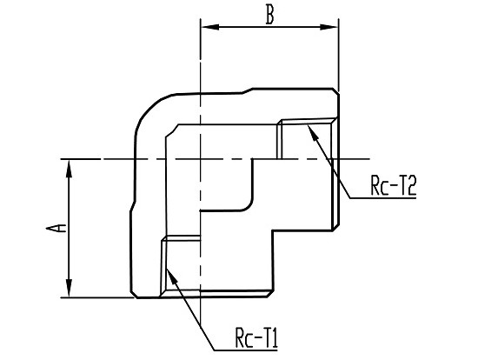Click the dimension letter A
tap(56, 228)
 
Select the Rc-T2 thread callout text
tap(393, 185)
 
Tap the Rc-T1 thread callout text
tap(256, 337)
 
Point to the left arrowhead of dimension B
tap(210, 27)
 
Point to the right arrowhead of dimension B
tap(329, 27)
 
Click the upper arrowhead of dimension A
tap(70, 169)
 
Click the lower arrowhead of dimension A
tap(70, 288)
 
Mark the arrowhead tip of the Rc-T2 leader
tap(309, 124)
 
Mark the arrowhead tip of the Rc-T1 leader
tap(167, 269)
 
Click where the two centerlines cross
tap(200, 159)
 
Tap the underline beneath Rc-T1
tap(246, 350)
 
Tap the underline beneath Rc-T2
tap(383, 198)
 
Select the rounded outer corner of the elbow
tap(147, 110)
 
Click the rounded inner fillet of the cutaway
tap(249, 206)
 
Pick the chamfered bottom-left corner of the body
tap(134, 294)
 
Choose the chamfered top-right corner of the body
tap(335, 91)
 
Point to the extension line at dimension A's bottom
tap(97, 297)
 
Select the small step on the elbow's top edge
tap(248, 91)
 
